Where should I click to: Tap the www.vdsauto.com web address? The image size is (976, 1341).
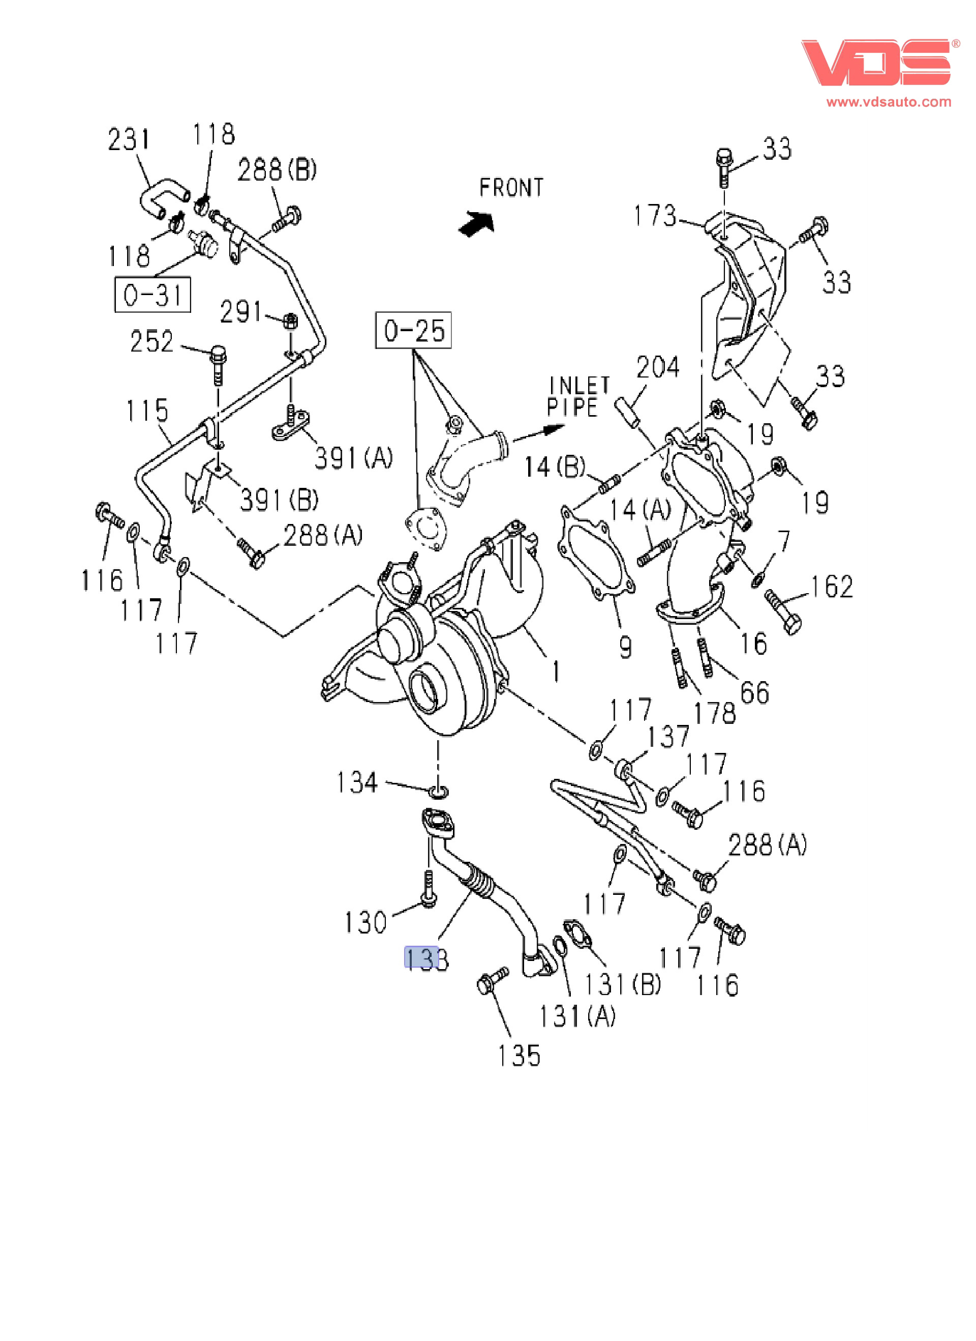click(x=889, y=102)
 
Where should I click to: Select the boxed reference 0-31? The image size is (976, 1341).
click(x=152, y=295)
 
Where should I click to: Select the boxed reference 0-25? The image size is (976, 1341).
click(x=414, y=331)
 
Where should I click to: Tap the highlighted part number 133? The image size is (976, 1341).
click(x=426, y=958)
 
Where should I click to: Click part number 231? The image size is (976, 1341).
click(x=129, y=139)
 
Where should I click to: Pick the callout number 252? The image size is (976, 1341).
click(x=152, y=342)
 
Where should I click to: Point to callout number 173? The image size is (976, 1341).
click(x=655, y=216)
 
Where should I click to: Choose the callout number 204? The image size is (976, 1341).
click(x=658, y=367)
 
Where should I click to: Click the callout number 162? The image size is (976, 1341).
click(x=831, y=587)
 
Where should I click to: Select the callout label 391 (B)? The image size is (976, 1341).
click(x=279, y=500)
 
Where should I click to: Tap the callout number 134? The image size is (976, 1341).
click(x=356, y=782)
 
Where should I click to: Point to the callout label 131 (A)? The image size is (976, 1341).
click(x=577, y=1016)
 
